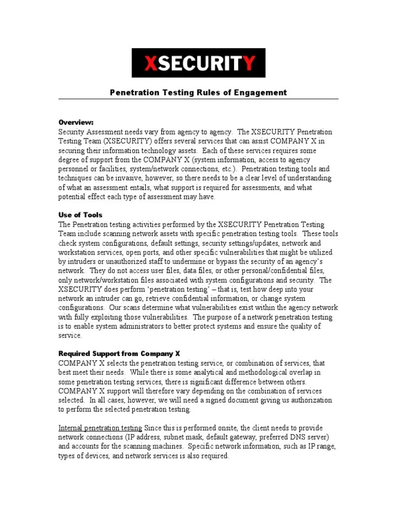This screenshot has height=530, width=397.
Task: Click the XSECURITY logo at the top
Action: [x=198, y=63]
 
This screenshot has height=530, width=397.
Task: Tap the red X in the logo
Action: [x=151, y=63]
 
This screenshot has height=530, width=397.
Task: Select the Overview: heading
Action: [x=76, y=123]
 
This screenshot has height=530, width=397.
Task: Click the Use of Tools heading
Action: [x=80, y=215]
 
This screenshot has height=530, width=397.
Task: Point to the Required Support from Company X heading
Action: [x=119, y=354]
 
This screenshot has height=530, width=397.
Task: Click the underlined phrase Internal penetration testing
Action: [x=100, y=428]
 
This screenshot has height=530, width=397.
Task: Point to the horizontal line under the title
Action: [x=198, y=99]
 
